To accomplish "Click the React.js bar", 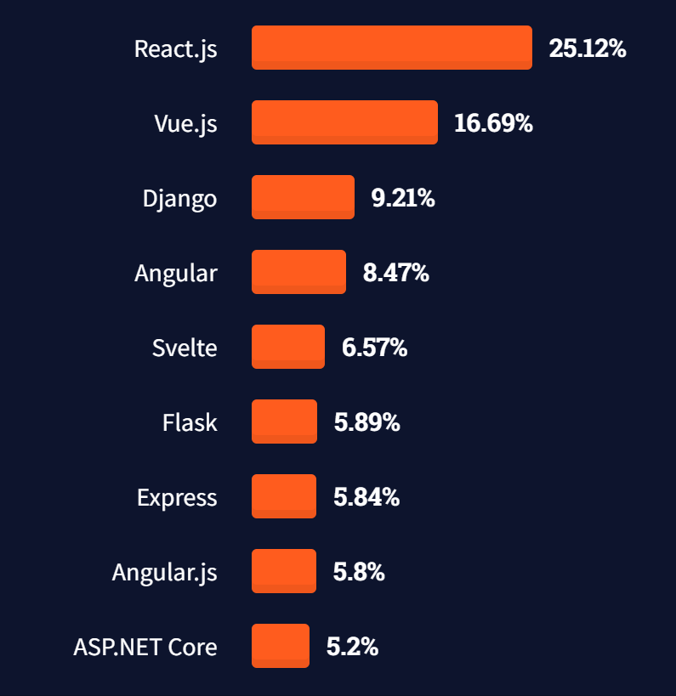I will (x=391, y=48).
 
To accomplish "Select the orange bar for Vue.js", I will (x=344, y=122).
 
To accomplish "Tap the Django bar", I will (x=303, y=197).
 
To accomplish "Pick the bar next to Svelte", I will (x=288, y=347).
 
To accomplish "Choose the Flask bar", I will (x=284, y=422).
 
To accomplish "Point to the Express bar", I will (x=284, y=496).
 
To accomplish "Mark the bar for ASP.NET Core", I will (x=281, y=646).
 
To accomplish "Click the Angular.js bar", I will (x=284, y=571).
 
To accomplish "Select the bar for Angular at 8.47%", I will (x=298, y=272).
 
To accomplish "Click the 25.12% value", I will (x=588, y=48).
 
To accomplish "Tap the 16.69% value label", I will (x=493, y=123).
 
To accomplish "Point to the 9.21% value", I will (x=403, y=198).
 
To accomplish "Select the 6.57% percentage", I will (x=374, y=348).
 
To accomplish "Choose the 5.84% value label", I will (x=366, y=497).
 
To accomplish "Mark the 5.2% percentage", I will (x=352, y=647).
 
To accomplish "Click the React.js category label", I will (x=175, y=48).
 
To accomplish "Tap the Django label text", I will (x=179, y=199).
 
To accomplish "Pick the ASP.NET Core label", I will (x=145, y=647).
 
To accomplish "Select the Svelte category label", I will (x=185, y=348).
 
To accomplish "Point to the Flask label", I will (x=190, y=422).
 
